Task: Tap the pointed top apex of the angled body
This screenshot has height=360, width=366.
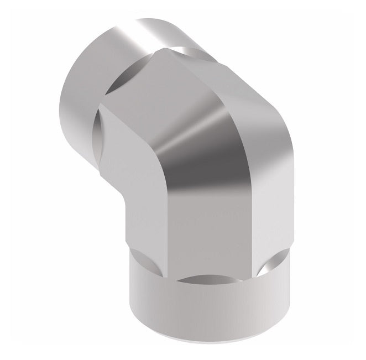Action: click(164, 50)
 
